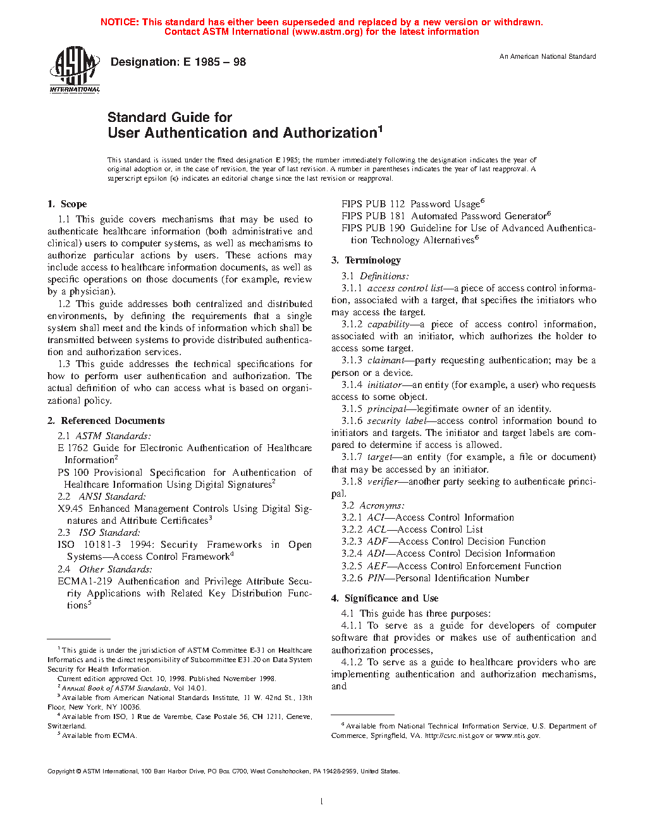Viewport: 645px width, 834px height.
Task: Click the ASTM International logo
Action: pos(75,69)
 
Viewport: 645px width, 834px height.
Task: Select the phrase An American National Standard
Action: pos(548,57)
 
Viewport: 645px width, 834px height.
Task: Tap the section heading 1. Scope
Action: pos(67,204)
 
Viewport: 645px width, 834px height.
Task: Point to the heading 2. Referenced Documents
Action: pos(106,421)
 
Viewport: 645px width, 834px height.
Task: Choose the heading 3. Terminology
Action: pos(366,260)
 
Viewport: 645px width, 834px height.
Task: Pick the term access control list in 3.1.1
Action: pos(405,288)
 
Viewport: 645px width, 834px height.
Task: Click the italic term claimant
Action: pos(386,360)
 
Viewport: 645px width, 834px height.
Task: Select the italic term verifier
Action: pos(383,481)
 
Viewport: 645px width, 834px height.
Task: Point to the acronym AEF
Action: pos(377,566)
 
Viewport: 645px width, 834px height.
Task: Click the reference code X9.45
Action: pos(70,509)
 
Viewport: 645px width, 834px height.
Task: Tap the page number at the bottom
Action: pos(322,802)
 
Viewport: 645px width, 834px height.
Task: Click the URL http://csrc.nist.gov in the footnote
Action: pos(454,735)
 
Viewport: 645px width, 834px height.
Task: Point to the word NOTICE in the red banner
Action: pos(120,22)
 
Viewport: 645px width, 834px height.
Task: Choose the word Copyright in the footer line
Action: pos(61,771)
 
